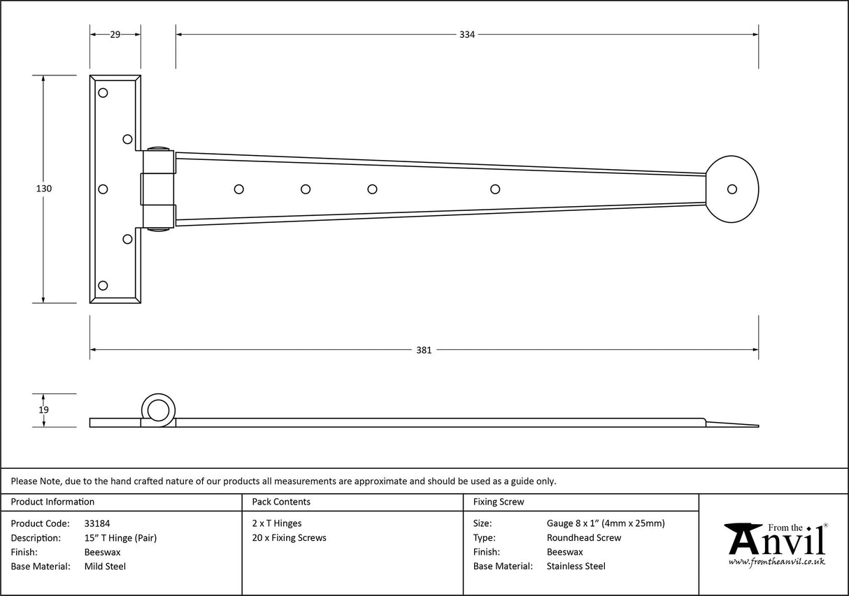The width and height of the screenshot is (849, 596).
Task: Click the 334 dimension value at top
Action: pyautogui.click(x=467, y=34)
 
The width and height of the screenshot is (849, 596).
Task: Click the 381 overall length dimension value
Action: pyautogui.click(x=424, y=350)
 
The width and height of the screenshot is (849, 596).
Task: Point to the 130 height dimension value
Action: pyautogui.click(x=43, y=189)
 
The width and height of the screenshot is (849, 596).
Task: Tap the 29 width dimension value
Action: pyautogui.click(x=115, y=34)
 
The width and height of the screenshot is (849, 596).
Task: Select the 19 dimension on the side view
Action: pyautogui.click(x=43, y=410)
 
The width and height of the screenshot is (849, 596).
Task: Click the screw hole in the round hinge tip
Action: pyautogui.click(x=732, y=189)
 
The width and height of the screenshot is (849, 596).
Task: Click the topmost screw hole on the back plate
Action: pyautogui.click(x=103, y=93)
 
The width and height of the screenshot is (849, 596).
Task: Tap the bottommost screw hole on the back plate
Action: pyautogui.click(x=103, y=285)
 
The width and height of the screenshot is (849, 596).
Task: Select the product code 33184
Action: pyautogui.click(x=97, y=523)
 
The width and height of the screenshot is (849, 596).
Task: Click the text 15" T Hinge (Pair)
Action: pyautogui.click(x=120, y=538)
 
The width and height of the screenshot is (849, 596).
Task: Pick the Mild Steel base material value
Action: pyautogui.click(x=105, y=567)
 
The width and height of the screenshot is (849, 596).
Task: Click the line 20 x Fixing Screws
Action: pyautogui.click(x=289, y=538)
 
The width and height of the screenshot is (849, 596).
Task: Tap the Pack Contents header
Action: pyautogui.click(x=281, y=502)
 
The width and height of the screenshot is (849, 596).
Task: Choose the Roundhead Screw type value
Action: pyautogui.click(x=583, y=538)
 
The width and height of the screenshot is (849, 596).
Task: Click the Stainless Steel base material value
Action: pyautogui.click(x=576, y=567)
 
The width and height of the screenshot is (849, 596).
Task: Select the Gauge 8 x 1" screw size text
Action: pyautogui.click(x=605, y=523)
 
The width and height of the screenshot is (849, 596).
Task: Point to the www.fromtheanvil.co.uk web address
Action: pyautogui.click(x=776, y=561)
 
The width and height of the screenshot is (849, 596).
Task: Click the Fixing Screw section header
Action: pyautogui.click(x=498, y=502)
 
